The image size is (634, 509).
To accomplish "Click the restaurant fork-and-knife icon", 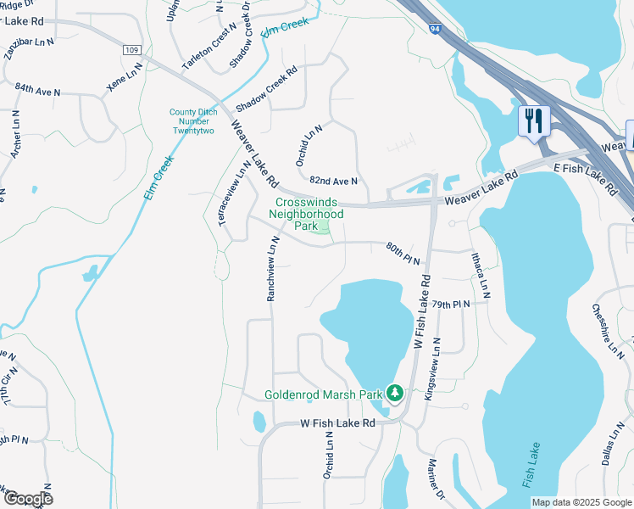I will (534, 120).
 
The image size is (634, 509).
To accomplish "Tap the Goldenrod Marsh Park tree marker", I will (394, 394).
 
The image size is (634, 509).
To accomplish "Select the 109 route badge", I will (131, 51).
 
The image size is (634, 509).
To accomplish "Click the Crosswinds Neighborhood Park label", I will (305, 214).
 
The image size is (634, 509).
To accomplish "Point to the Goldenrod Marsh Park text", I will (323, 394).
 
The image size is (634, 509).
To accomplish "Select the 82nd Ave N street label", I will (333, 182).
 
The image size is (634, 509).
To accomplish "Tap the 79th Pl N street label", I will (450, 304).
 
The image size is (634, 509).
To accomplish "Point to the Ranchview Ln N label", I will (272, 269).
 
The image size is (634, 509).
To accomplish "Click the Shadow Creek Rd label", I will (267, 90).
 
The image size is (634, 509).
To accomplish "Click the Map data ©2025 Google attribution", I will (581, 502).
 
